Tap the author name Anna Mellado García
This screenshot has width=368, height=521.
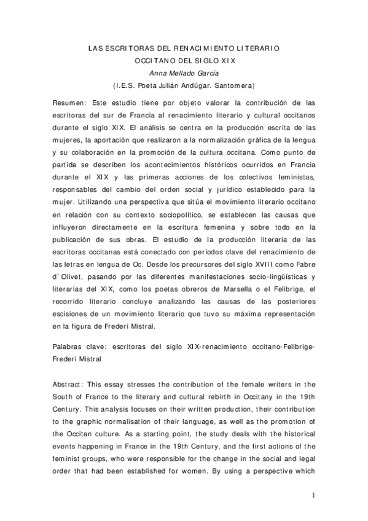pos(183,73)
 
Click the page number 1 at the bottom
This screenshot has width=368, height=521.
pos(313,495)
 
